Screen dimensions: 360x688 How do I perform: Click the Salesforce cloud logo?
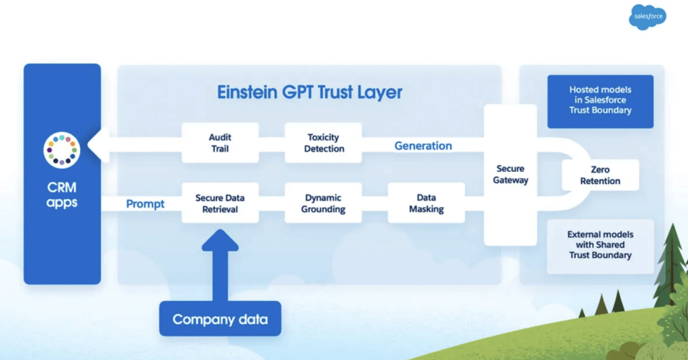click(x=648, y=17)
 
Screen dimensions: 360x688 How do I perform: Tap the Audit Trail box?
click(x=220, y=142)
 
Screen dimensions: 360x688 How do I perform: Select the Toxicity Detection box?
click(x=323, y=142)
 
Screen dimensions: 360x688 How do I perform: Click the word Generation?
click(x=423, y=145)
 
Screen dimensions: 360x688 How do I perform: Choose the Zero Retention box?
click(x=600, y=175)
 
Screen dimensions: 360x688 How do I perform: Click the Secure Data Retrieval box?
click(x=220, y=204)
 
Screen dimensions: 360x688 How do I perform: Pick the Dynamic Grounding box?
click(x=323, y=204)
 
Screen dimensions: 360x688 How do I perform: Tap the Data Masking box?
click(x=426, y=204)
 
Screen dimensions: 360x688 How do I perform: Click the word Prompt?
click(x=145, y=204)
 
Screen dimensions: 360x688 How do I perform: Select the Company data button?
click(x=220, y=319)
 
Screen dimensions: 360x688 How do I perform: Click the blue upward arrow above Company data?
click(x=220, y=265)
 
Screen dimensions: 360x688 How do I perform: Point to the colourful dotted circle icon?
click(x=62, y=150)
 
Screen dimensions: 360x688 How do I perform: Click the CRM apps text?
click(x=62, y=195)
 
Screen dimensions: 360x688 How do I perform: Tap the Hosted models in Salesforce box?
click(x=600, y=100)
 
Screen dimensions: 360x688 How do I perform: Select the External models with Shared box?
click(x=600, y=245)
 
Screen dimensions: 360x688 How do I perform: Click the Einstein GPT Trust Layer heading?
click(x=310, y=92)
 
